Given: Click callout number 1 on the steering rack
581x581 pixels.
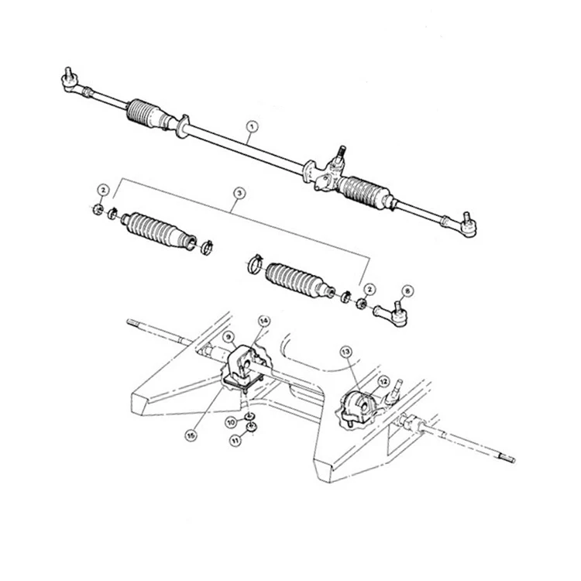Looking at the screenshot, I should point(250,125).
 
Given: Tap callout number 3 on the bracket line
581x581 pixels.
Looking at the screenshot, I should point(239,191).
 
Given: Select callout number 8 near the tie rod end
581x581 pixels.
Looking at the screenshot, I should point(407,291).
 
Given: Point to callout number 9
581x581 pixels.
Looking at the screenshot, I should point(229,337).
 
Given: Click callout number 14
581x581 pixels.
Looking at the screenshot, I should point(263,321).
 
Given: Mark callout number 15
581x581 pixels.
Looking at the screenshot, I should point(191,435).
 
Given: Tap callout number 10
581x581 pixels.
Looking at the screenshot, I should point(231,422).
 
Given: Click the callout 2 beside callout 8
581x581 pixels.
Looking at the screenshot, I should point(370,289).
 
